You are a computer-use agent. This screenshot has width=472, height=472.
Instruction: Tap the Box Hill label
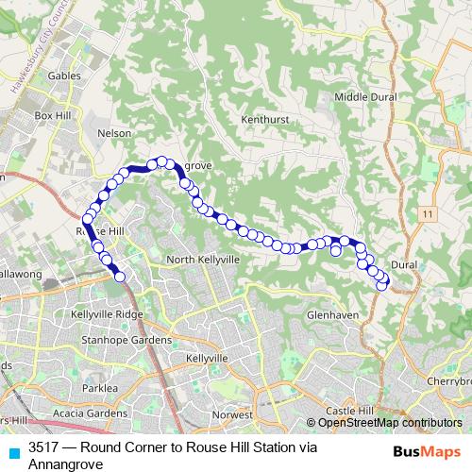click(55, 114)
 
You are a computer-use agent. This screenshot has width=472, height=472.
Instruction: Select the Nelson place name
click(114, 133)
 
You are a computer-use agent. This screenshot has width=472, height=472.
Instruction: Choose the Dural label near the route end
click(403, 265)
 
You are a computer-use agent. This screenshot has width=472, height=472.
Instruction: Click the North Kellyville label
click(204, 259)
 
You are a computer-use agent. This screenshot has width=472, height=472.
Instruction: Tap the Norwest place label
click(232, 414)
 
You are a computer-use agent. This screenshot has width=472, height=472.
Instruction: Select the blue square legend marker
click(11, 452)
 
